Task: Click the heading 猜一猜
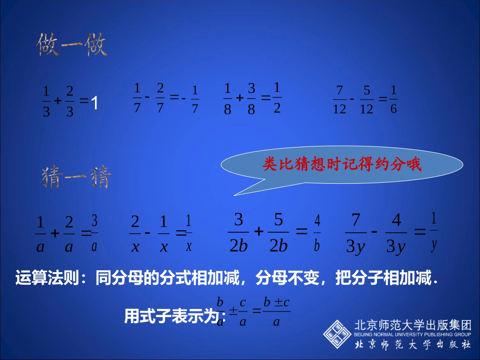point(75,178)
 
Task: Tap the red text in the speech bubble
point(342,165)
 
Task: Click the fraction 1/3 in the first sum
point(46,101)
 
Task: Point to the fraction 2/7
point(160,98)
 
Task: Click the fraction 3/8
point(251,99)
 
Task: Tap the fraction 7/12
point(340,99)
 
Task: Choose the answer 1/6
point(394,99)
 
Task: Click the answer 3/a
point(94,233)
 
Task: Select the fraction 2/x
point(135,233)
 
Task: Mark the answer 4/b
point(317,233)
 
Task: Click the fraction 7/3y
point(356,233)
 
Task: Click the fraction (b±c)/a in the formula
point(276,312)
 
